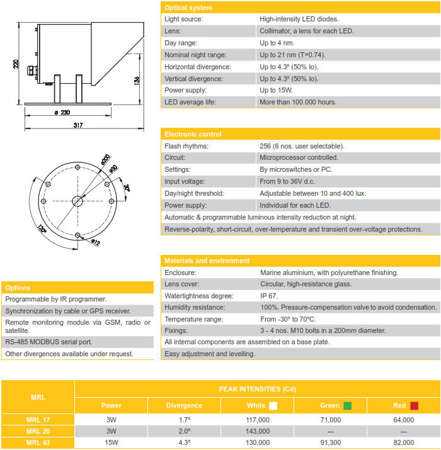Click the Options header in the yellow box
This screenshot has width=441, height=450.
click(17, 288)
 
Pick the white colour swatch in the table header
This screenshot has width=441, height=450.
click(273, 406)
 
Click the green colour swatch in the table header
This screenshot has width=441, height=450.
click(347, 406)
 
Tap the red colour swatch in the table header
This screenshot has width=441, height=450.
click(415, 406)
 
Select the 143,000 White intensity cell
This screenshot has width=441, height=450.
click(257, 431)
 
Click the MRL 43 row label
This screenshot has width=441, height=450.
click(38, 443)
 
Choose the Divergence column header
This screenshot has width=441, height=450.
click(184, 406)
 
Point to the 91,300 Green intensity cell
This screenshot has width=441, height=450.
click(330, 443)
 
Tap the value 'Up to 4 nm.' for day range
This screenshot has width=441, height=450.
click(277, 43)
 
